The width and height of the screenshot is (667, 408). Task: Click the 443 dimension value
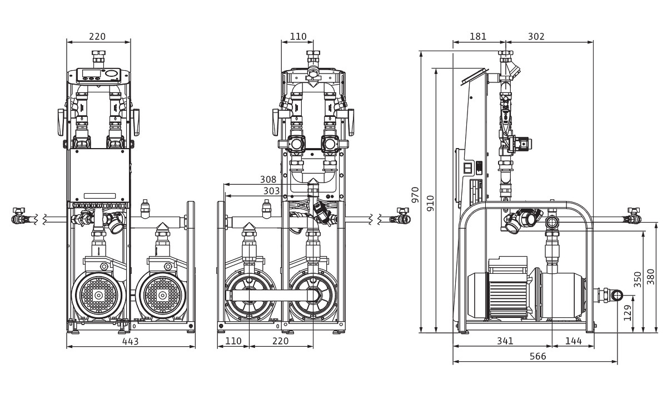(x=131, y=341)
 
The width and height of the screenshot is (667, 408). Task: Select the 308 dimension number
(x=268, y=179)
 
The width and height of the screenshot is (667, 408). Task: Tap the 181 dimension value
(x=478, y=37)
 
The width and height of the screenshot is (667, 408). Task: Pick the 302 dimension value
(x=536, y=37)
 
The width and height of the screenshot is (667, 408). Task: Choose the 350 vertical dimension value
(x=638, y=278)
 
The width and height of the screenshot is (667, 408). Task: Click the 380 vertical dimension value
(x=651, y=277)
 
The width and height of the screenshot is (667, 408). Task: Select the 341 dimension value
(x=505, y=341)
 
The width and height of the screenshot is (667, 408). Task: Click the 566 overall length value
(x=537, y=356)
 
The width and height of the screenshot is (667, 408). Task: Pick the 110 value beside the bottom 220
(x=233, y=341)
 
